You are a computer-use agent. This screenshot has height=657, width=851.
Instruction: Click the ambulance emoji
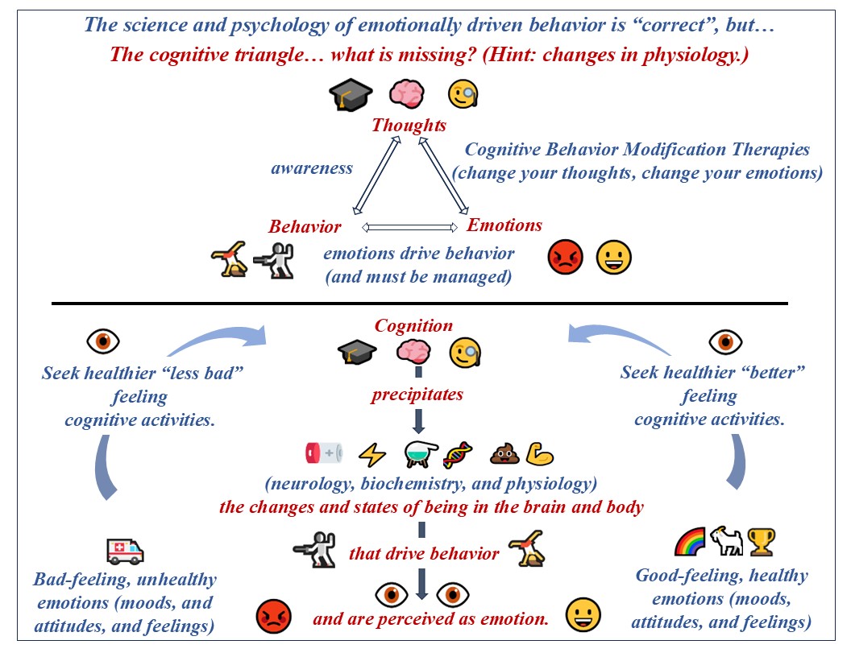[125, 552]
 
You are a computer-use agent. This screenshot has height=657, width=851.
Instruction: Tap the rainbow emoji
[691, 542]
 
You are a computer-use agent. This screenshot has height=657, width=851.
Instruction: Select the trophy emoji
[761, 542]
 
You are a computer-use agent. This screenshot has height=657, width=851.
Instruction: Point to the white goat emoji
[725, 542]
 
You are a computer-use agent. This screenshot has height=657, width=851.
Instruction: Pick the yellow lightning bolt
[372, 454]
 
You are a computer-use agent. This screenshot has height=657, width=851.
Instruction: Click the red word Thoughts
[409, 126]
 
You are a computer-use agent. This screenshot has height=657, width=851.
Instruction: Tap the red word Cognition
[413, 325]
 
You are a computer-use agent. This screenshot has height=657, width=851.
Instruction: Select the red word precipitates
[417, 395]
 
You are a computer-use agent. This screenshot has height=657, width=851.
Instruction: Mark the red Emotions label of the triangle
[504, 225]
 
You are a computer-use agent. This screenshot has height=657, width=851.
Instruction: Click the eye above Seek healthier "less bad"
[102, 341]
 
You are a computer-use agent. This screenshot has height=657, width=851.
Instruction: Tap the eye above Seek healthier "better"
[725, 341]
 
